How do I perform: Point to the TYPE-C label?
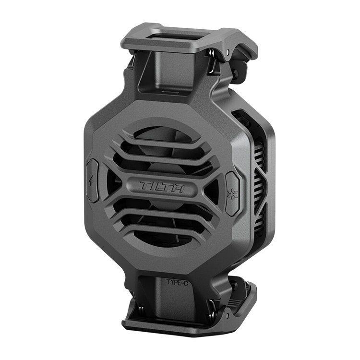tap(177, 282)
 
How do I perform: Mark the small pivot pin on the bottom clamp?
tap(227, 316)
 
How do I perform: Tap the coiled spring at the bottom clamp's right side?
tap(213, 311)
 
